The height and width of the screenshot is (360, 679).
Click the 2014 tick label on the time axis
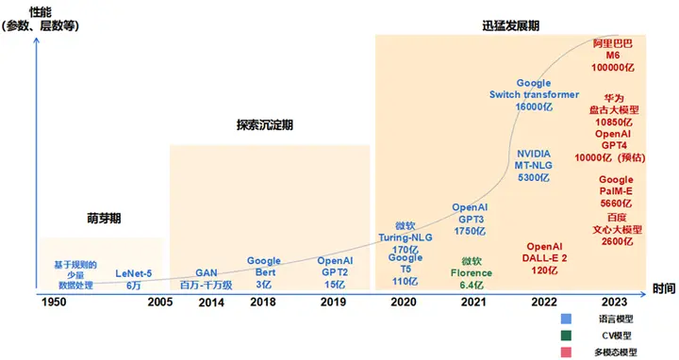point(211,303)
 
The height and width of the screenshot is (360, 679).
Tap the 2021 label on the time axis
point(473,302)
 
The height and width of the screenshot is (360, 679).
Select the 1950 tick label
point(54,302)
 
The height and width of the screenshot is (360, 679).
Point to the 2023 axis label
point(615,302)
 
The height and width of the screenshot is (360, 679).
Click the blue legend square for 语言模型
point(566,319)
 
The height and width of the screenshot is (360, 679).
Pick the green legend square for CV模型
point(566,335)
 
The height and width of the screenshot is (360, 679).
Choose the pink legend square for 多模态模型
point(566,352)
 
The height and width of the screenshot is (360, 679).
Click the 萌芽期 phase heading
point(104,218)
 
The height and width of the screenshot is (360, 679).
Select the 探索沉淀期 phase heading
point(265,125)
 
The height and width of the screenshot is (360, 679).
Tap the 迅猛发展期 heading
point(511,25)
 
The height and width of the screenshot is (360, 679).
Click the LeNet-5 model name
point(133,273)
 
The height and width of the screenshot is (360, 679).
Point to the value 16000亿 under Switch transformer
point(534,106)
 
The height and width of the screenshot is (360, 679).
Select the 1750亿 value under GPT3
point(470,231)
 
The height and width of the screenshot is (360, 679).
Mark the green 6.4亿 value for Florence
point(472,286)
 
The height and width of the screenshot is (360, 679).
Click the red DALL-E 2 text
point(544,258)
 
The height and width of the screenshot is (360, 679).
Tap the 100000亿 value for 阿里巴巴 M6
point(613,68)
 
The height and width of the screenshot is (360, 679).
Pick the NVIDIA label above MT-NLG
point(534,154)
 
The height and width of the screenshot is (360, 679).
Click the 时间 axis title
point(664,288)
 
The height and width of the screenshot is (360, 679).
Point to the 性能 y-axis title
point(41,12)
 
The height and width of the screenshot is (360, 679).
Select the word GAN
point(207,273)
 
